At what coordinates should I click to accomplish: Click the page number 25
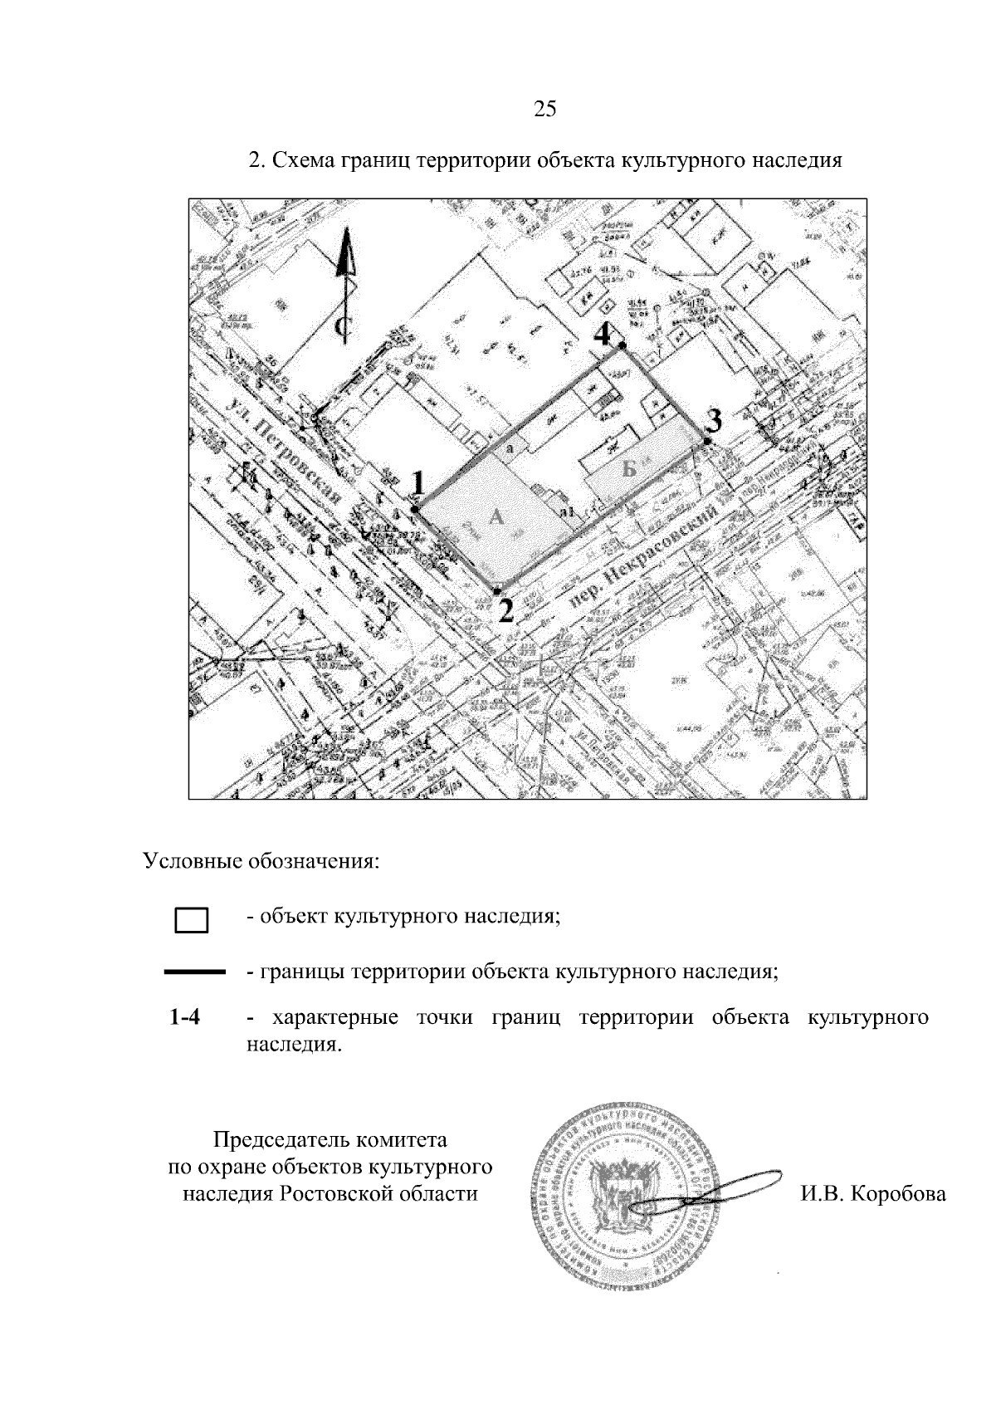pyautogui.click(x=544, y=110)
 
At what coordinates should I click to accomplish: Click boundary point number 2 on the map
pyautogui.click(x=497, y=591)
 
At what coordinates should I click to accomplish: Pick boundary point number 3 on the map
pyautogui.click(x=707, y=441)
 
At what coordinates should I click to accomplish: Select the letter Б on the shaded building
pyautogui.click(x=631, y=470)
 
